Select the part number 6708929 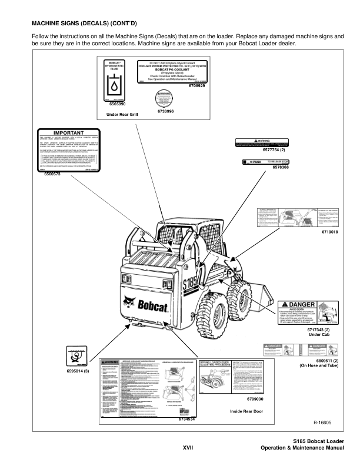pos(196,86)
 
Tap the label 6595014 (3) pos(76,372)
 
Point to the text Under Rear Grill pos(122,122)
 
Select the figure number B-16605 pos(322,422)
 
